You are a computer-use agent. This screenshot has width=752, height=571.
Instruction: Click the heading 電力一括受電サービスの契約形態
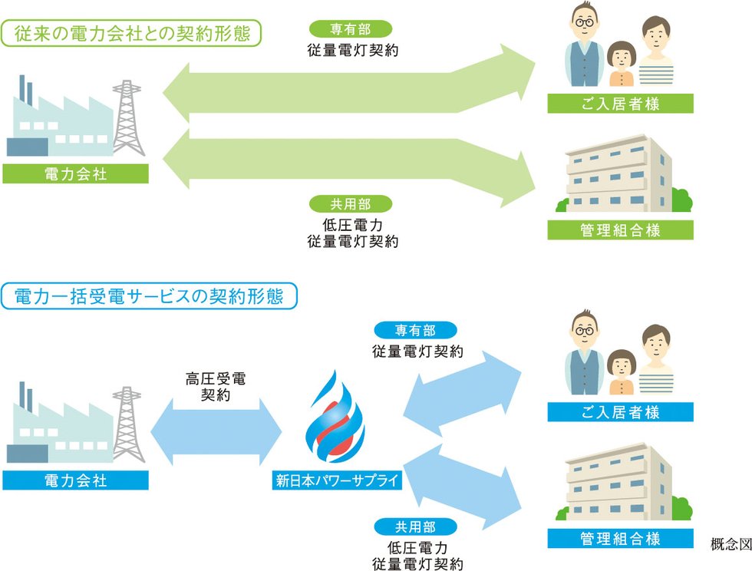150,296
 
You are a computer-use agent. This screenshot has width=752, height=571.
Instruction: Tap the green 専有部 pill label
350,30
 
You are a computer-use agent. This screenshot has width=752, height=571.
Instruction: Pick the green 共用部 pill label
350,204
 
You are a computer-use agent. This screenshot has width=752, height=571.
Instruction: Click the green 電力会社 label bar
75,173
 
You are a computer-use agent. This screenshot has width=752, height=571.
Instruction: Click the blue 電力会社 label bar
75,481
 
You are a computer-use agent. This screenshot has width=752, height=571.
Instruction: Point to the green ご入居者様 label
620,104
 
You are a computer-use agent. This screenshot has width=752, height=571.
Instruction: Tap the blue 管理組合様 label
620,538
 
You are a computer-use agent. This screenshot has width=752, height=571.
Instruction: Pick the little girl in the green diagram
621,64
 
